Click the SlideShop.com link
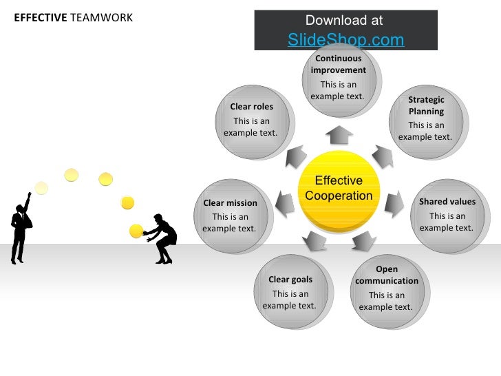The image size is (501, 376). click(345, 40)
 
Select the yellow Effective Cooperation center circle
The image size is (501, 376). click(339, 189)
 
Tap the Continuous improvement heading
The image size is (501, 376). click(338, 64)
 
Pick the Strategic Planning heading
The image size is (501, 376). click(426, 105)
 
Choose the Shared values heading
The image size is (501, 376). click(447, 202)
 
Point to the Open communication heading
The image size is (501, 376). click(387, 275)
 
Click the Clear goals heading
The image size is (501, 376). click(290, 280)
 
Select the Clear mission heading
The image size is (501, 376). click(230, 203)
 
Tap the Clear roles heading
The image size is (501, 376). click(251, 107)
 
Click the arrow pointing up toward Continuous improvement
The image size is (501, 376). click(339, 132)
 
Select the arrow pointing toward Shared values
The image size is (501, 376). click(394, 202)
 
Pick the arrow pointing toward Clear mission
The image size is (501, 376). click(284, 202)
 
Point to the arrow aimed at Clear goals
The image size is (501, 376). click(315, 240)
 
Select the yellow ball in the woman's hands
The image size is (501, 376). click(136, 231)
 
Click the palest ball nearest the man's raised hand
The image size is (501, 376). click(41, 187)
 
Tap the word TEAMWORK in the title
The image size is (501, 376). click(101, 17)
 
